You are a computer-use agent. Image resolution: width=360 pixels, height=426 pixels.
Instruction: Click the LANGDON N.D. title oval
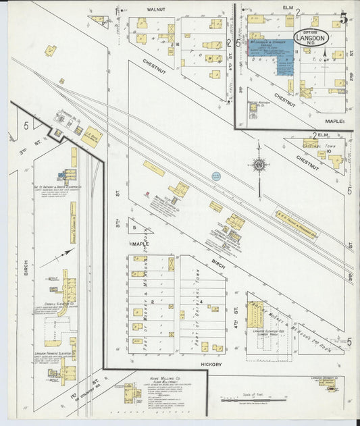[311, 38]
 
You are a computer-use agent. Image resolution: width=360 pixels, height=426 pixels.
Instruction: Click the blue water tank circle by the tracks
[216, 176]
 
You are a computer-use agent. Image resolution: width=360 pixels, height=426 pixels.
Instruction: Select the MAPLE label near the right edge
[335, 121]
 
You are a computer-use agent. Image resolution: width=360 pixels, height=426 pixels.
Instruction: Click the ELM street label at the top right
[288, 8]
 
